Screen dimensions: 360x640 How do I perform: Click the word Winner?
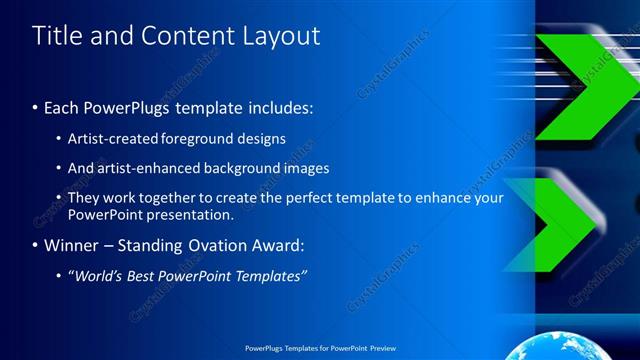coord(72,245)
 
